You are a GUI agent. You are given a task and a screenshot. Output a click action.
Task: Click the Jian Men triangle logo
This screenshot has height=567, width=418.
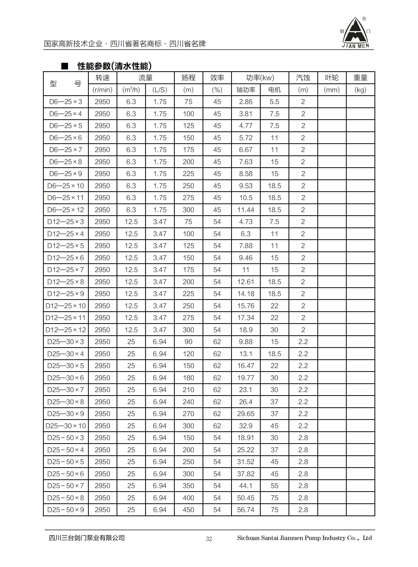[x=355, y=32]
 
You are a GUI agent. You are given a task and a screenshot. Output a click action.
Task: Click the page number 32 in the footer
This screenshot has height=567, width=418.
[x=209, y=538]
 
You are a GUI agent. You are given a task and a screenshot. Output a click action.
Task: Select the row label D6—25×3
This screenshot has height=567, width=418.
[x=65, y=102]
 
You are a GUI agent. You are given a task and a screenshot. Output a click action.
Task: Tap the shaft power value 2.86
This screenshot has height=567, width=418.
[x=246, y=102]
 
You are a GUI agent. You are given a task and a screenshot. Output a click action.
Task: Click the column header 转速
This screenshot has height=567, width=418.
[x=102, y=78]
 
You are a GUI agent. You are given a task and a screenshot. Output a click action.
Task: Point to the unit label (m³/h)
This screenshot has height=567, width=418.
[x=131, y=90]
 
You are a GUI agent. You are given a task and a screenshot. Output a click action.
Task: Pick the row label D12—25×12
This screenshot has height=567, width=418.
[x=65, y=330]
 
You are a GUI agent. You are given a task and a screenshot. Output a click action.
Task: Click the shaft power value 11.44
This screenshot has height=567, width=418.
[x=246, y=209]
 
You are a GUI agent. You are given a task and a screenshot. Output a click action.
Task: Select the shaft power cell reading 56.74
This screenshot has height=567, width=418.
[x=246, y=510]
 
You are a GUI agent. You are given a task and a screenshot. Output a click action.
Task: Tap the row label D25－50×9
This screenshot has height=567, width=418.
[x=65, y=510]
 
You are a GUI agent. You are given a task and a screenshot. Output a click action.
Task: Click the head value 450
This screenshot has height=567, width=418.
[x=188, y=510]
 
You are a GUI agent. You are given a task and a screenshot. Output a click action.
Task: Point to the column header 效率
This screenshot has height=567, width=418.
[x=217, y=78]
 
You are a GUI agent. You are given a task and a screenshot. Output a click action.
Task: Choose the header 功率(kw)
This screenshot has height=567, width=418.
[x=260, y=78]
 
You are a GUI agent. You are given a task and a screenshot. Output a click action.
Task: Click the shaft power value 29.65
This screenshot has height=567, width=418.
[x=246, y=414]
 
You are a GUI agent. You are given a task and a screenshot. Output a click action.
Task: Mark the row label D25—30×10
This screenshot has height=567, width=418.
[x=65, y=426]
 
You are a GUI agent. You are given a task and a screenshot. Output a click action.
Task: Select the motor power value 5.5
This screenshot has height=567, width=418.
[x=274, y=102]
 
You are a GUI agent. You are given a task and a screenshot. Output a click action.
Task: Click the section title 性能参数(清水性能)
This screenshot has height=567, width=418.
[x=114, y=66]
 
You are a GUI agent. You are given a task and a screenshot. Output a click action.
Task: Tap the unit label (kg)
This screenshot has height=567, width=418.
[x=360, y=90]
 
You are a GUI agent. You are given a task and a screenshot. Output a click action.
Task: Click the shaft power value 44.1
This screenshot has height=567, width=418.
[x=246, y=486]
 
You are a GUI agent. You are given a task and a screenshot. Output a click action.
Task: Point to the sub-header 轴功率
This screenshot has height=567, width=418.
[x=246, y=90]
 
